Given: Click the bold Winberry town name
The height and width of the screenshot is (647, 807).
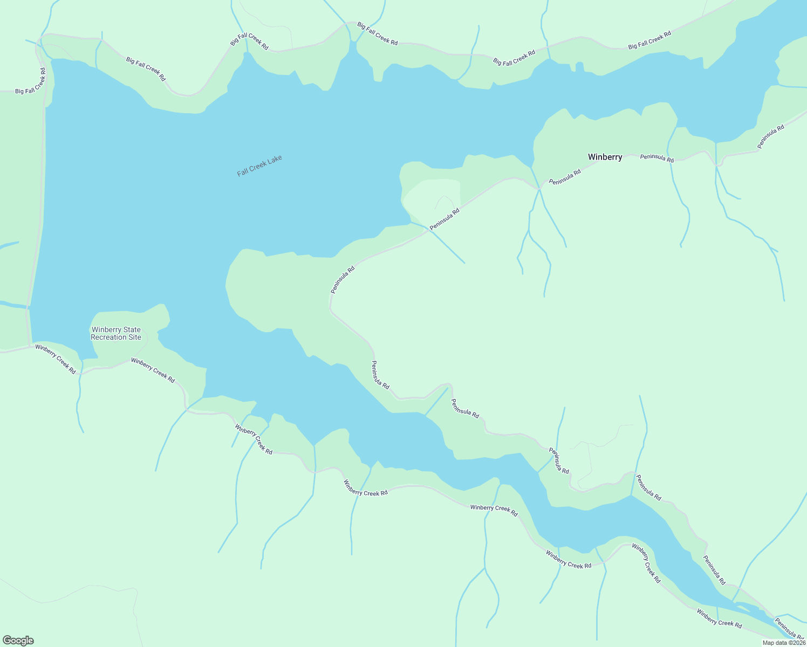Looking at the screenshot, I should click(x=605, y=157).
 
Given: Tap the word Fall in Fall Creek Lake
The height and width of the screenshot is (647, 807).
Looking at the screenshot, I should click(x=243, y=172).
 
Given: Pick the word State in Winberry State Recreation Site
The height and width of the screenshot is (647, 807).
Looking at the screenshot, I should click(x=132, y=330).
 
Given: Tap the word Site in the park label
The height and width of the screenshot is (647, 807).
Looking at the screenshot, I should click(x=134, y=338).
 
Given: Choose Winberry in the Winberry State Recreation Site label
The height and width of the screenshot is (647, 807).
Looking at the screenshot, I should click(x=108, y=330).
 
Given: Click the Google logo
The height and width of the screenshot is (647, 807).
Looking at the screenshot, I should click(x=18, y=641).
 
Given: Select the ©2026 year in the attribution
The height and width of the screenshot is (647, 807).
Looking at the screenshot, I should click(x=796, y=643).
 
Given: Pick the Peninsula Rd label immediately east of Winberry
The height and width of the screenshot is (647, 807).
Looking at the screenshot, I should click(x=656, y=158).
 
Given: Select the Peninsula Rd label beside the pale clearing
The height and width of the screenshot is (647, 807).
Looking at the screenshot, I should click(x=444, y=219).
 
